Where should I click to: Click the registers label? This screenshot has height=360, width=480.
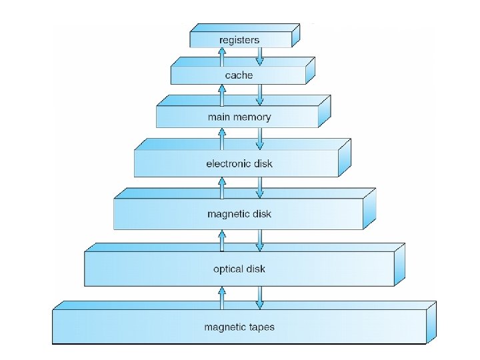[x=239, y=40]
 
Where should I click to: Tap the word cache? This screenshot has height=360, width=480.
[x=239, y=76]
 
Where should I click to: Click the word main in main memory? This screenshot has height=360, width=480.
[x=219, y=117]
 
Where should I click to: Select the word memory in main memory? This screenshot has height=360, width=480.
[x=252, y=117]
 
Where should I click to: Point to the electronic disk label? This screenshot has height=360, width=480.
[x=239, y=163]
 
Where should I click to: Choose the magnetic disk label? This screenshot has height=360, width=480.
[x=239, y=214]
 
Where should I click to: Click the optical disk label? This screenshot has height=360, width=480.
[x=239, y=269]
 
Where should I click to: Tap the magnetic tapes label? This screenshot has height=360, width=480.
[x=239, y=327]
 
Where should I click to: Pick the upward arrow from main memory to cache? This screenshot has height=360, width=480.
[x=221, y=93]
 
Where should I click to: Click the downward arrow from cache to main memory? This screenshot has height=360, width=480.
[x=260, y=93]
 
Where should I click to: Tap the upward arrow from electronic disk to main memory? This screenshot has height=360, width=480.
[x=221, y=138]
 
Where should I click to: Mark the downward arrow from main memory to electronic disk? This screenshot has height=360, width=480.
[x=260, y=138]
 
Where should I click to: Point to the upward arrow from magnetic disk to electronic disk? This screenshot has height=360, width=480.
[x=221, y=187]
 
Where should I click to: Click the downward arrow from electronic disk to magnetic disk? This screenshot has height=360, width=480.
[x=260, y=187]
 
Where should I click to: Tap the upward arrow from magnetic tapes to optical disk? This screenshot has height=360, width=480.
[x=221, y=297]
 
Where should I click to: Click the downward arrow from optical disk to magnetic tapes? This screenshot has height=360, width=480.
[x=260, y=297]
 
